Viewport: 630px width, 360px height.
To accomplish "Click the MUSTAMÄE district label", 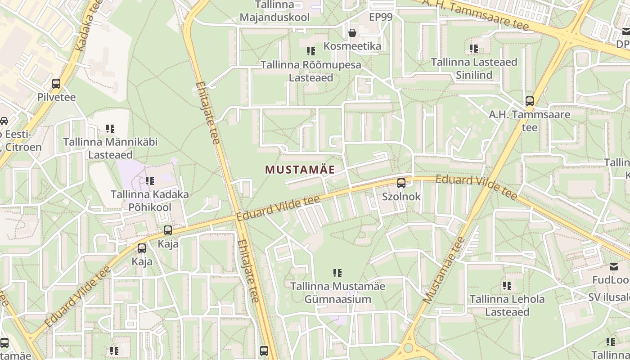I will [300, 170].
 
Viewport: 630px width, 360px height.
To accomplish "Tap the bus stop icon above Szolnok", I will [401, 183].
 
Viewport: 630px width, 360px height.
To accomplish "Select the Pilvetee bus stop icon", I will [56, 84].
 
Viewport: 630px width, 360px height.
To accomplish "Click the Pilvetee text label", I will [56, 97].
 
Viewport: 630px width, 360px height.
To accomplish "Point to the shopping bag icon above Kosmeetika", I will [352, 33].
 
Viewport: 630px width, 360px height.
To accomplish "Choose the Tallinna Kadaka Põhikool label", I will [150, 201].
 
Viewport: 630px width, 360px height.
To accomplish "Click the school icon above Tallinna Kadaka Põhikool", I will [150, 181].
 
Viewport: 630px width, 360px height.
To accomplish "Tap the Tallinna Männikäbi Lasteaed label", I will [110, 148].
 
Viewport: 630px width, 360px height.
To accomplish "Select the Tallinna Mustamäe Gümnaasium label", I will [337, 292].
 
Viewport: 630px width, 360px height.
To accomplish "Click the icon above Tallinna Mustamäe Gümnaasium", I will [337, 273].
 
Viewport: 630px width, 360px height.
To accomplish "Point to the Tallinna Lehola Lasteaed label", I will [507, 305].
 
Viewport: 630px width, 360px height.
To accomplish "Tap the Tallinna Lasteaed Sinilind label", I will [474, 68].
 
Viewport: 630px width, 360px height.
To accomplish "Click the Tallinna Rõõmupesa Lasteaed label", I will [311, 71].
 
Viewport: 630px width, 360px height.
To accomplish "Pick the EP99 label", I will [381, 18].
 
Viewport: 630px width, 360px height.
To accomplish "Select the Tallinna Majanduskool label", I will [274, 11].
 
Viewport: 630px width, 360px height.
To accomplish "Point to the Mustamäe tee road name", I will [443, 270].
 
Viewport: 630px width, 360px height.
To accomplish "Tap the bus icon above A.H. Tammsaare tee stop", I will [530, 101].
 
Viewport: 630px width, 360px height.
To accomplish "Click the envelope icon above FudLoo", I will [614, 267].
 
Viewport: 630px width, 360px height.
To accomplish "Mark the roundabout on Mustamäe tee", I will [409, 348].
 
